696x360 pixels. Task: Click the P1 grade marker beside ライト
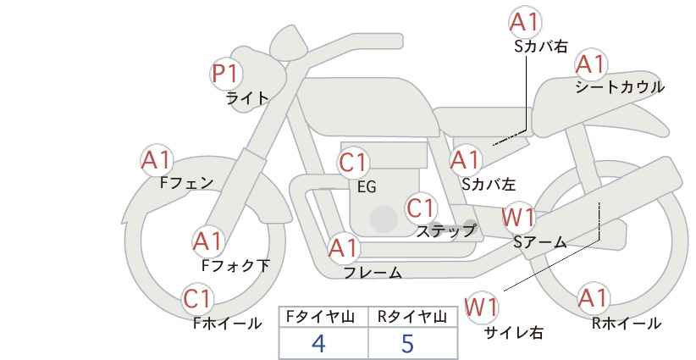[224, 74]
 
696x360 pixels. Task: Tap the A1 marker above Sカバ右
[525, 23]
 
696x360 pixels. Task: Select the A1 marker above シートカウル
[592, 64]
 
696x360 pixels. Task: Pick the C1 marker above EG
[353, 162]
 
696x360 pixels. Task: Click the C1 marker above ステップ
[420, 208]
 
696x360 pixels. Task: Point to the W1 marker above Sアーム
[518, 218]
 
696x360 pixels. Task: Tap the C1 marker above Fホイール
[198, 299]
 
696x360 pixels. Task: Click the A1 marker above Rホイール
[593, 299]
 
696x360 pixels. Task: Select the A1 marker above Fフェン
[157, 159]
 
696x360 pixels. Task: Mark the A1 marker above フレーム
[343, 249]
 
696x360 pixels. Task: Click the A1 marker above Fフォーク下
[207, 241]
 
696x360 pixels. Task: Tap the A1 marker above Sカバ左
[465, 159]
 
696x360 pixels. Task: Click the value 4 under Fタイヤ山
[318, 343]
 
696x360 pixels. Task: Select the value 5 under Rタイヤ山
[408, 343]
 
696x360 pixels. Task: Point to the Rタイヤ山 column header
[412, 317]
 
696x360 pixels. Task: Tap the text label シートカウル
[619, 86]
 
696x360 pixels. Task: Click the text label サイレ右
[513, 332]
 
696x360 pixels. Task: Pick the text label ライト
[247, 98]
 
